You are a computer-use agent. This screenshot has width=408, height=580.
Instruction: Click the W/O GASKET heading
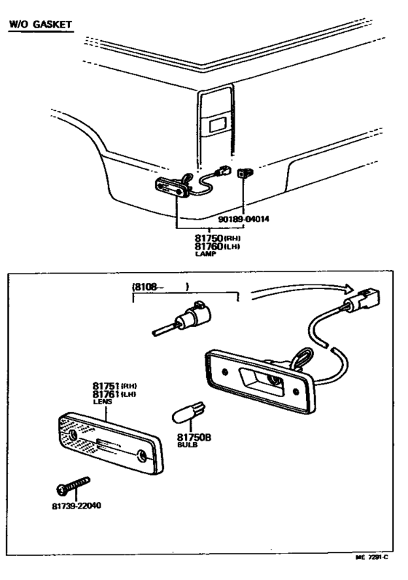[x=40, y=25]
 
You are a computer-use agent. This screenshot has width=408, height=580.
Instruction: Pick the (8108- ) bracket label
[x=160, y=287]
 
